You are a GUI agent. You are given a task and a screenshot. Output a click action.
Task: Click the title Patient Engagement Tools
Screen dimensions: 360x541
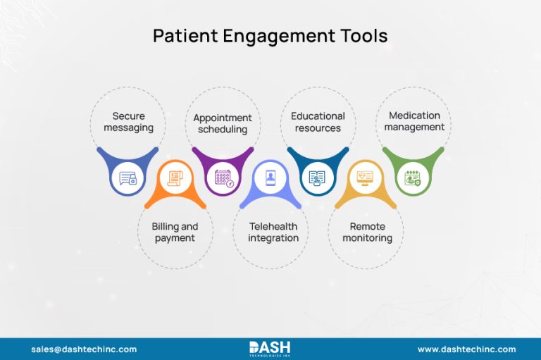(x=270, y=35)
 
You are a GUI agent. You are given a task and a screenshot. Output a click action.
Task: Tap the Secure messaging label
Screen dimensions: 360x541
(x=128, y=122)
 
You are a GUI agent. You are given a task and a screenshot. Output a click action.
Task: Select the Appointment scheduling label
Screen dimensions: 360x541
(x=223, y=123)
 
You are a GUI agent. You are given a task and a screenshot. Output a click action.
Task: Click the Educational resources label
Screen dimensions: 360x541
(x=318, y=122)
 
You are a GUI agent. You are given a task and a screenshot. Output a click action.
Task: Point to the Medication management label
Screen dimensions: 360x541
(x=414, y=121)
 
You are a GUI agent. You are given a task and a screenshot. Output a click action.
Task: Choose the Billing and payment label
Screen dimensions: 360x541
(x=175, y=232)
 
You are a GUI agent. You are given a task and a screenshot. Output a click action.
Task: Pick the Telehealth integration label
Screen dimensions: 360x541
(x=273, y=232)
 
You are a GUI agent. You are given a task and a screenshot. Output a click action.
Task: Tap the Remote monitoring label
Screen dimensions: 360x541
(x=367, y=232)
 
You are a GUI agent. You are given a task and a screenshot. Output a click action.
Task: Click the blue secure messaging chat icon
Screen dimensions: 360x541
(x=128, y=178)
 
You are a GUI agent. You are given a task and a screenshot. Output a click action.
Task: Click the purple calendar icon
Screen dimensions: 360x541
(x=223, y=178)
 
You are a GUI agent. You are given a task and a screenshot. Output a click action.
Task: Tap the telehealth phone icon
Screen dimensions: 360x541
(x=270, y=178)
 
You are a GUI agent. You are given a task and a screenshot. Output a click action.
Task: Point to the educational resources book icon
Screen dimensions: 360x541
(x=318, y=178)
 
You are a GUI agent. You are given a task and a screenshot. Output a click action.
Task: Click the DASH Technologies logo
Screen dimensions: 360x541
(x=270, y=349)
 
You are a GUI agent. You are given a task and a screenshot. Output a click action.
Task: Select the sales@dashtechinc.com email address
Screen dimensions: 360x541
(x=84, y=349)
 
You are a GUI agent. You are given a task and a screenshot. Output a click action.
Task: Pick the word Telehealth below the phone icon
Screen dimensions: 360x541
(x=273, y=227)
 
